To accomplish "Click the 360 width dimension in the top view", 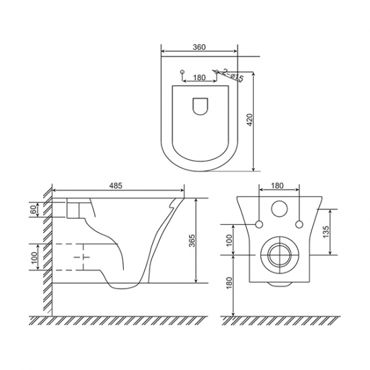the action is [x=199, y=47].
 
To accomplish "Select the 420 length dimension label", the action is [x=250, y=120].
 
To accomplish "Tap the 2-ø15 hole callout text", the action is [x=233, y=75].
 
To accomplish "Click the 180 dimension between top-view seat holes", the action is [x=199, y=77].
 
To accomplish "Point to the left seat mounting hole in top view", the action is [x=182, y=72].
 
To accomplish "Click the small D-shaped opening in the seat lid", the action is [x=200, y=106].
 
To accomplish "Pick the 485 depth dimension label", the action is [x=116, y=186].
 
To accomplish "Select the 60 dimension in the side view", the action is [x=34, y=209].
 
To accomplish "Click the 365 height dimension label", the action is [x=192, y=240].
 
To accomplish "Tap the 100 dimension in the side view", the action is [x=34, y=258].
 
